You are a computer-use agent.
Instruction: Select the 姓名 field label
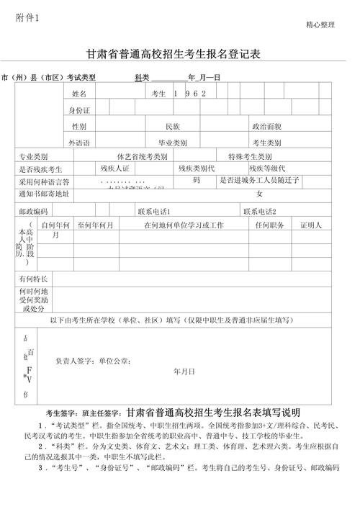click(x=79, y=94)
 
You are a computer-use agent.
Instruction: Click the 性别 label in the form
click(x=79, y=127)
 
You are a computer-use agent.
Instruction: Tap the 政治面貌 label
click(x=266, y=127)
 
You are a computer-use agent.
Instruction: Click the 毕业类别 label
click(x=173, y=143)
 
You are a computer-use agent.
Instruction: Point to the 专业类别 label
click(x=33, y=156)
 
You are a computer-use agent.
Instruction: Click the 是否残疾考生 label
click(x=40, y=168)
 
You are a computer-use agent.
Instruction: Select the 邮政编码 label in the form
click(x=33, y=211)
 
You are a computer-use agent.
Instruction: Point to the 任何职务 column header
click(x=269, y=225)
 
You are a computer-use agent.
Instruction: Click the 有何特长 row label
click(x=33, y=279)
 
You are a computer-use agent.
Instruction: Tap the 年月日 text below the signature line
click(x=184, y=371)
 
